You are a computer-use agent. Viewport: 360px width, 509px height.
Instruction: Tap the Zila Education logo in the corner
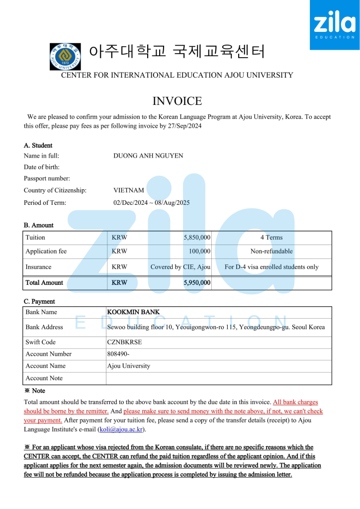335,25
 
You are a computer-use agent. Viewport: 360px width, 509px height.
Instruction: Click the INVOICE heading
177,101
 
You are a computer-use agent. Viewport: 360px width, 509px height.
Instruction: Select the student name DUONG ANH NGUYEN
148,156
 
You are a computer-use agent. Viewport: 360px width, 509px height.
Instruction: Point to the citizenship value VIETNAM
129,190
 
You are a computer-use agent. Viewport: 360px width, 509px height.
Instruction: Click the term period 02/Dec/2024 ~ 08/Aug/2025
152,203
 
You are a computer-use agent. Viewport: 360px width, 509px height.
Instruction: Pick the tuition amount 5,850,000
197,238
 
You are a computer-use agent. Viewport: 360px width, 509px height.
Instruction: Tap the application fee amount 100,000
199,252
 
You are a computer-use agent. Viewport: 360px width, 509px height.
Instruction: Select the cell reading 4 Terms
271,238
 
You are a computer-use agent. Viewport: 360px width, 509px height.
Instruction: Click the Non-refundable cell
271,252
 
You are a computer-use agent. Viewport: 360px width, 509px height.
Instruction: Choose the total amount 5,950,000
197,283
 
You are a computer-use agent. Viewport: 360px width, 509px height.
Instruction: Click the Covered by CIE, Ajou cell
180,267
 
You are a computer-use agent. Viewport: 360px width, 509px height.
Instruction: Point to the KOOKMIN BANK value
133,312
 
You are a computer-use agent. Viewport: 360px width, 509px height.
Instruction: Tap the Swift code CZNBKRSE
124,342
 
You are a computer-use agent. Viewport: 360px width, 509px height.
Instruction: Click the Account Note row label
44,378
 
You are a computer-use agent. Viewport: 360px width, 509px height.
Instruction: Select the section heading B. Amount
38,225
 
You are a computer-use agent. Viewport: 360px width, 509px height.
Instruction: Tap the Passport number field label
47,178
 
